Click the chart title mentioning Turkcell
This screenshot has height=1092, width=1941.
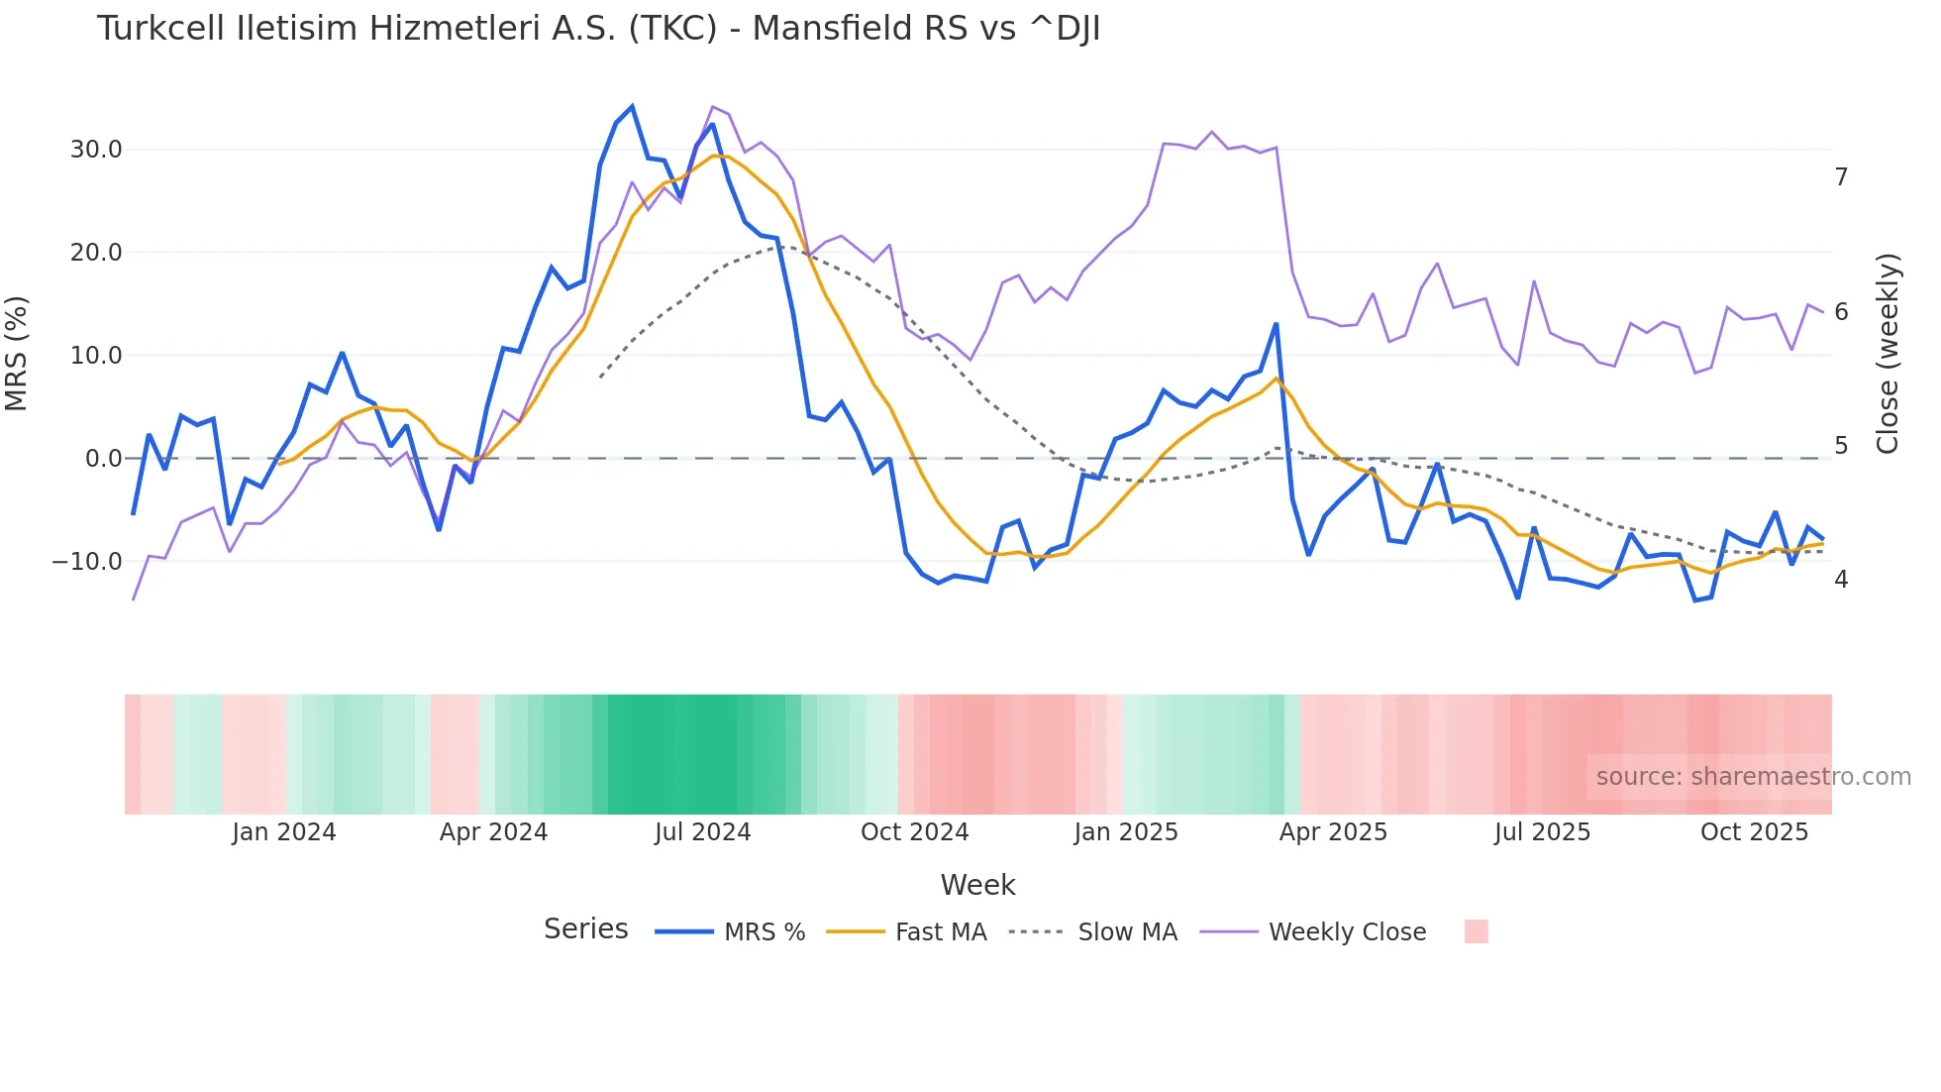coord(598,29)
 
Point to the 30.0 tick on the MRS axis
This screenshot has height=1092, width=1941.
coord(96,150)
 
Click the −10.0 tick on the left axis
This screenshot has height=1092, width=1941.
coord(87,561)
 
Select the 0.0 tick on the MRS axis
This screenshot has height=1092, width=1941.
coord(103,459)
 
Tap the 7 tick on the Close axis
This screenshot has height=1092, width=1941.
coord(1841,177)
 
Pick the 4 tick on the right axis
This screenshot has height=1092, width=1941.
coord(1841,579)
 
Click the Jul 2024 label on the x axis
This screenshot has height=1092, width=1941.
coord(702,832)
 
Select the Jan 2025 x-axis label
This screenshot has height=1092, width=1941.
coord(1126,832)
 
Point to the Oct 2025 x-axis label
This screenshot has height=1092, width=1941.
coord(1754,832)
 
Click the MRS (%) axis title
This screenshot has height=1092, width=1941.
coord(17,354)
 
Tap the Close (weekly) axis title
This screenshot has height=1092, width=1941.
coord(1888,354)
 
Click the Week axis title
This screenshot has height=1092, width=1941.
coord(977,885)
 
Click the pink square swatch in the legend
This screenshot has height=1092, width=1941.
coord(1476,931)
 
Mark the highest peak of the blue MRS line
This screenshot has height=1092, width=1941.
coord(632,107)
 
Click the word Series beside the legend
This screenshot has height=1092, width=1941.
coord(585,929)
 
